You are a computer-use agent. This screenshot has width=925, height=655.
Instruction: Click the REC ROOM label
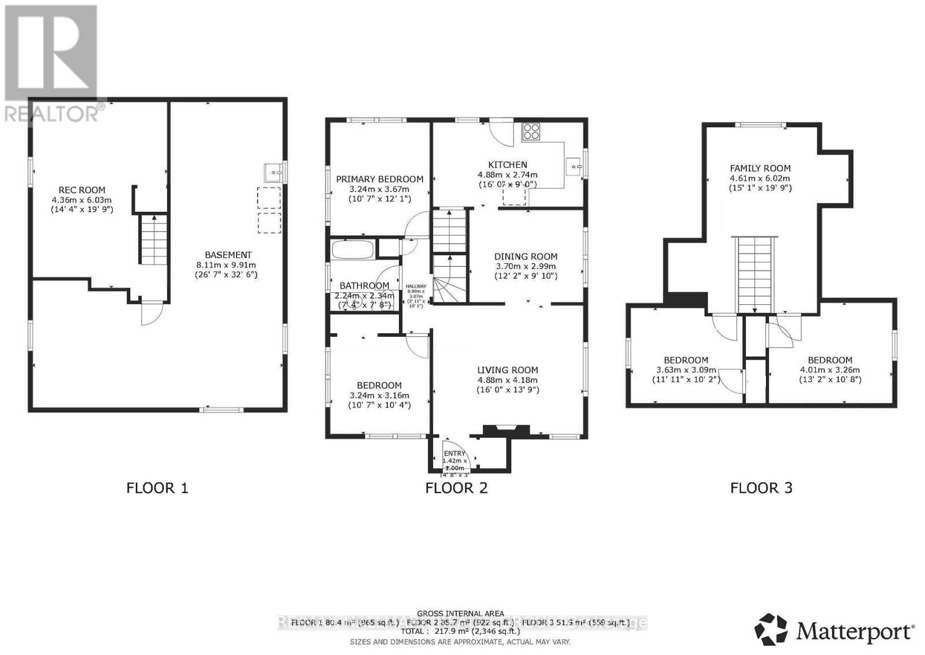click(82, 190)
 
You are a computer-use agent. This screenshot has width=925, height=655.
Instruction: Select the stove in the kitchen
click(531, 132)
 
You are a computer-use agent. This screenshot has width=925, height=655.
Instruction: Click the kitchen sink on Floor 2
click(575, 167)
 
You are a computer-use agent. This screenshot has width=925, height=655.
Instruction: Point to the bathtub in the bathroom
click(352, 250)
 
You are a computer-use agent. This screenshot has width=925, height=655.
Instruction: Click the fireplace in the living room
click(506, 430)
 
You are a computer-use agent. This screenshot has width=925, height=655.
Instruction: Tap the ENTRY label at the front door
click(454, 454)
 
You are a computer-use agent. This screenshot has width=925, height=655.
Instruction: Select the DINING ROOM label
click(526, 256)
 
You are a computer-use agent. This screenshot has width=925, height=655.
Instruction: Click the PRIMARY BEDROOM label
click(379, 179)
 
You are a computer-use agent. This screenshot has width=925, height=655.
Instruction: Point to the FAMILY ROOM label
click(760, 168)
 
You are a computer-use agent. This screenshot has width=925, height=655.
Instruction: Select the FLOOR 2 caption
click(456, 488)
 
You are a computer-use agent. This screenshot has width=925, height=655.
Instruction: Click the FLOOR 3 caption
click(761, 488)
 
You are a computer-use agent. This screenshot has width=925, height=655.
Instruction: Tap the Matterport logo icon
click(771, 629)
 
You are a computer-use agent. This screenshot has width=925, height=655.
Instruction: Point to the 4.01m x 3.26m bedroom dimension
click(830, 370)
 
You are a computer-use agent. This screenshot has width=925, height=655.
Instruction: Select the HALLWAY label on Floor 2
click(416, 286)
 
